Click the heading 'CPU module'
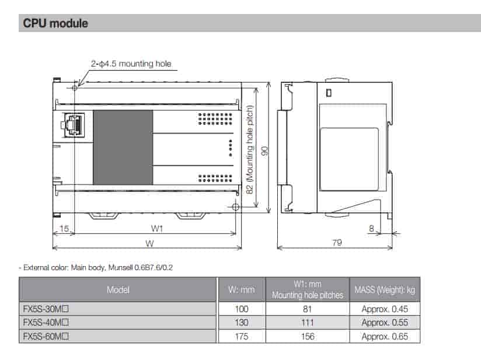tap(55, 23)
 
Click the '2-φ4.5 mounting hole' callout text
tap(131, 64)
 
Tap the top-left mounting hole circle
tap(75, 88)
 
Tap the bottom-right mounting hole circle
tap(235, 207)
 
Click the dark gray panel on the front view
tap(123, 148)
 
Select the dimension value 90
tap(264, 151)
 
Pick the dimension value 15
tap(63, 229)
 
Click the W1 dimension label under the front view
tap(156, 229)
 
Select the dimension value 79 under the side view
tap(337, 243)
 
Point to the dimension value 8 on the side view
tap(371, 229)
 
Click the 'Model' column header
tap(118, 289)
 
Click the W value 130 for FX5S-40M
tap(241, 322)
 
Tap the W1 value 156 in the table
tap(308, 336)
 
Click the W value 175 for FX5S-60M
tap(241, 336)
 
